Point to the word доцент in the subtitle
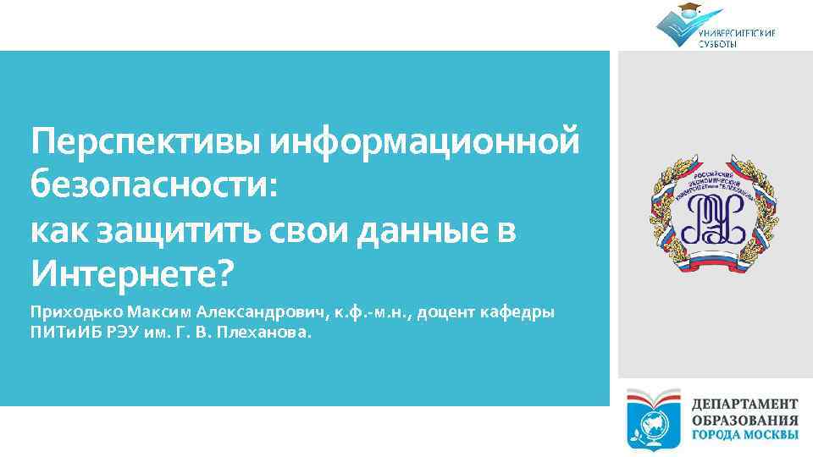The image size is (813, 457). pyautogui.click(x=445, y=312)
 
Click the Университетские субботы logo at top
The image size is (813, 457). pyautogui.click(x=715, y=26)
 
